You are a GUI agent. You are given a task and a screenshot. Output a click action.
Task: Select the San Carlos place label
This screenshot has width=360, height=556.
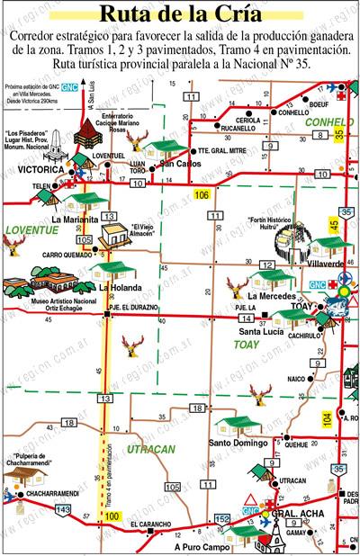click(x=179, y=165)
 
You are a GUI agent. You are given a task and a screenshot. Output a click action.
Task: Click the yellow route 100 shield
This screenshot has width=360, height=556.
click(x=112, y=516)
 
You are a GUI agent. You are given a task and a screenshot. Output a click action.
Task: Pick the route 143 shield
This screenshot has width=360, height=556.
click(x=63, y=509)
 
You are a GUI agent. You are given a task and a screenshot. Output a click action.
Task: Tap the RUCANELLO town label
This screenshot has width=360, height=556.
click(x=238, y=128)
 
